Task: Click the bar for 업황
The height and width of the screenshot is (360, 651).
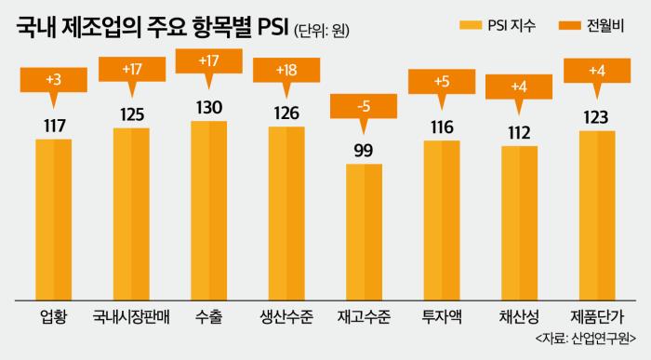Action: coord(53,219)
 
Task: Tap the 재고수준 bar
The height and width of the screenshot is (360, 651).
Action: coord(365,232)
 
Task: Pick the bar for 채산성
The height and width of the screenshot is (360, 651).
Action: coord(519,223)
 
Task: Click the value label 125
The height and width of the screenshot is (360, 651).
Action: coord(131,114)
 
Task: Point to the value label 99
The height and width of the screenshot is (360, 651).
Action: coord(365,151)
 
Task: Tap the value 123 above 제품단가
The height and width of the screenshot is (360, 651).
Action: coord(597,117)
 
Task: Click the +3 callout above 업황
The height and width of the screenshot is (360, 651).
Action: coord(53,80)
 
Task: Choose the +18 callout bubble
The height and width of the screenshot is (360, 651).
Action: coord(286,70)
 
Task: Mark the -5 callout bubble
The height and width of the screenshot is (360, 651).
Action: coord(365,104)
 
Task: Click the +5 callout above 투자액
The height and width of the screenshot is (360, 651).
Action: coord(442,80)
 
